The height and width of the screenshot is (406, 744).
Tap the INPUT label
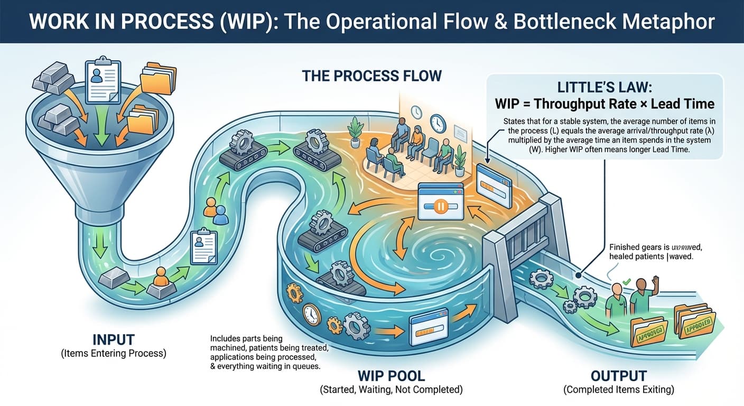click(x=113, y=339)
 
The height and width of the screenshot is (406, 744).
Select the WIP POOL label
click(x=391, y=376)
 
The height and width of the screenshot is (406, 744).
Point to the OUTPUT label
click(x=618, y=376)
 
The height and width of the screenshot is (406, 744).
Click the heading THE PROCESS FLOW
click(x=371, y=76)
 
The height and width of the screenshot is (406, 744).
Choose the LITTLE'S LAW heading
click(x=604, y=87)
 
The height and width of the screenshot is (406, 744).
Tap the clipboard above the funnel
click(x=104, y=81)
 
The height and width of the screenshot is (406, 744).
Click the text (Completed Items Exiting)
click(x=618, y=390)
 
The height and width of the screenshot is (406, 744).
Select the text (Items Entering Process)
click(x=113, y=353)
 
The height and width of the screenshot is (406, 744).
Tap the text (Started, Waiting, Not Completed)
click(x=391, y=390)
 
